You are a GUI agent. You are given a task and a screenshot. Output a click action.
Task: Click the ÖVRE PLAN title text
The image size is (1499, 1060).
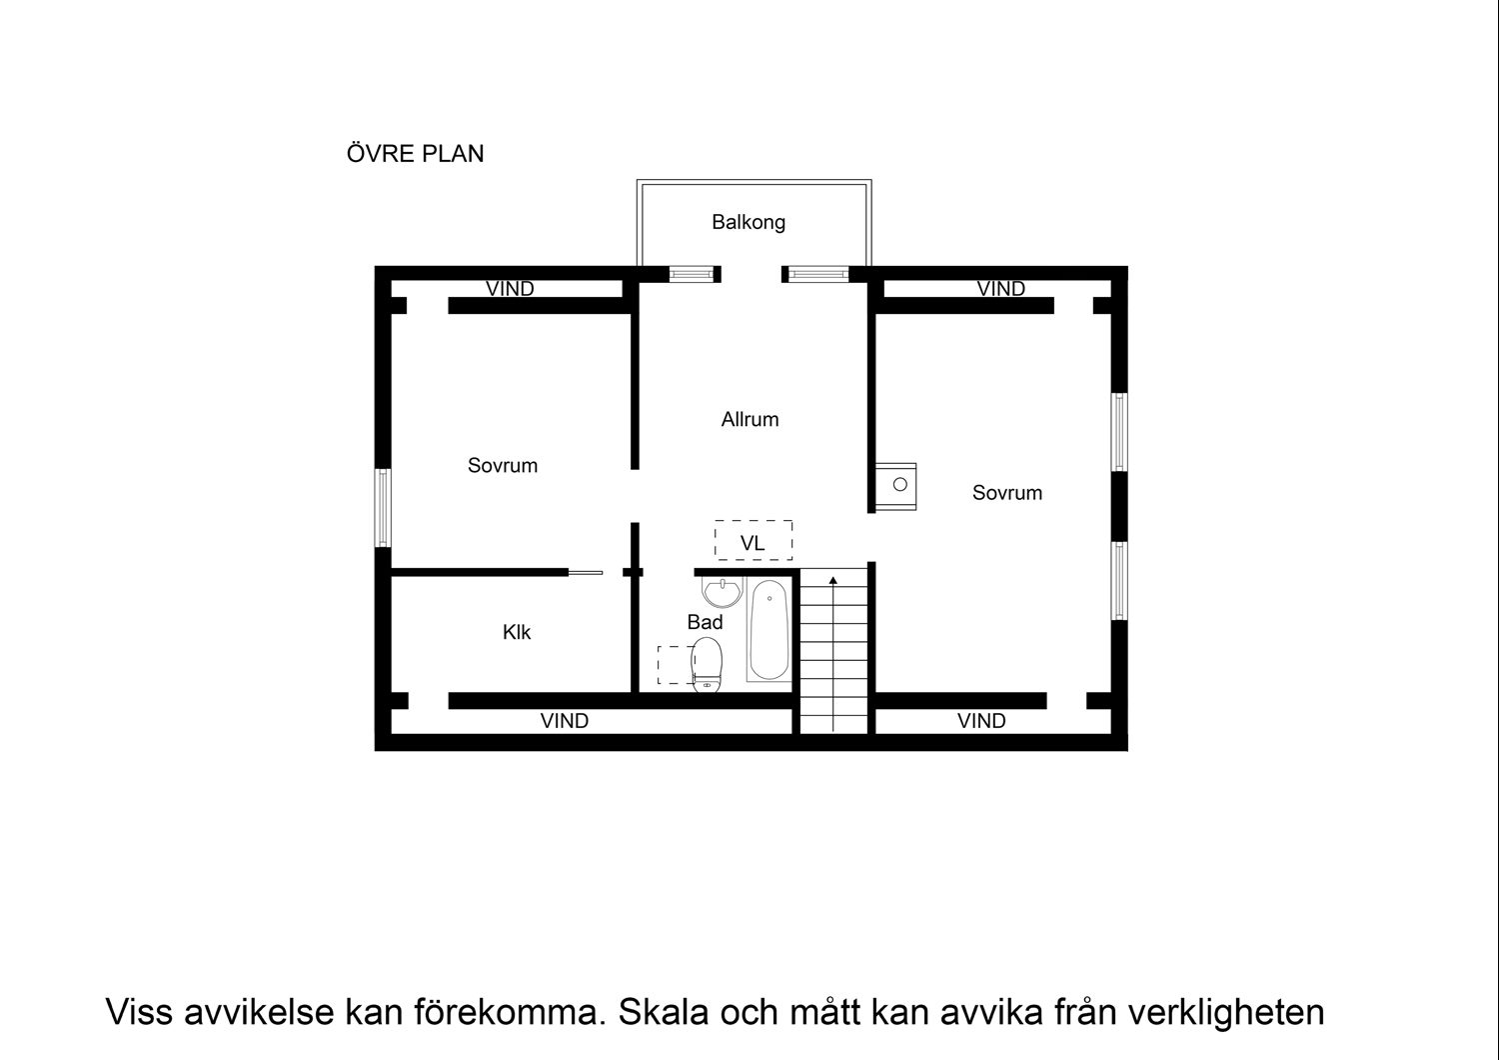pos(415,154)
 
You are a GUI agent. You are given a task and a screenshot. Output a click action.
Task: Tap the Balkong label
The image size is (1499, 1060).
pos(748,222)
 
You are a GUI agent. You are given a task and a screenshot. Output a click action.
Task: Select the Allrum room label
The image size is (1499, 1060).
pos(749,420)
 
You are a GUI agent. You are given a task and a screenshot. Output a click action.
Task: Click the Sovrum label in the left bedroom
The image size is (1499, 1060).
pos(503,466)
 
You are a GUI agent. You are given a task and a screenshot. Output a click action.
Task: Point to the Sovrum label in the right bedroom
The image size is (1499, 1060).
pos(1006,493)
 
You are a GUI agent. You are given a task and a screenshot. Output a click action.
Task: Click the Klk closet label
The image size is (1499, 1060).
pos(517,633)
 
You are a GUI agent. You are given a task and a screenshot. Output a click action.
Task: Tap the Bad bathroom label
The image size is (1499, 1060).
pos(705,623)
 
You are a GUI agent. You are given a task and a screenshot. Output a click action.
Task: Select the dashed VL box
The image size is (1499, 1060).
pos(753,541)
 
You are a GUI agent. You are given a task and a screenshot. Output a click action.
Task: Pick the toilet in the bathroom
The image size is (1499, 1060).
pos(707,663)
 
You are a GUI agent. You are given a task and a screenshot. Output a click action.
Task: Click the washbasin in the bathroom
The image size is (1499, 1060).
pos(720,591)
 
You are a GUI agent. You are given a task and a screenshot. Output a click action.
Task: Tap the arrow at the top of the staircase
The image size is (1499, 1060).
pos(833,579)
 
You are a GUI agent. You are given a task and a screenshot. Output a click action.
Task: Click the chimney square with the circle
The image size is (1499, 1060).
pos(898,485)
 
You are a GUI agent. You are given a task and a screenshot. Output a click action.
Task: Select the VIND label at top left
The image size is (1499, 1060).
pos(510,290)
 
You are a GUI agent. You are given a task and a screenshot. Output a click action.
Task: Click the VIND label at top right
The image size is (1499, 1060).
pos(1000,290)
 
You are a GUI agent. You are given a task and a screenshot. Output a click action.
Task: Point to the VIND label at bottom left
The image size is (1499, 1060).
pos(564,721)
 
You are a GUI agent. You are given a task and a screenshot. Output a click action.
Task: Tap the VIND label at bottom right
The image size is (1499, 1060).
pos(980,721)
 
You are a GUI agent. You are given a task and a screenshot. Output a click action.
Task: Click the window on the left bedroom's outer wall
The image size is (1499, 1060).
pos(383,508)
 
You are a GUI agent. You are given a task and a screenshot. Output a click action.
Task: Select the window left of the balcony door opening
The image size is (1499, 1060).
pos(693,273)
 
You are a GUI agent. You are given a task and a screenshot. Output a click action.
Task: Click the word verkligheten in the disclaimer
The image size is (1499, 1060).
pos(1225,1012)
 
